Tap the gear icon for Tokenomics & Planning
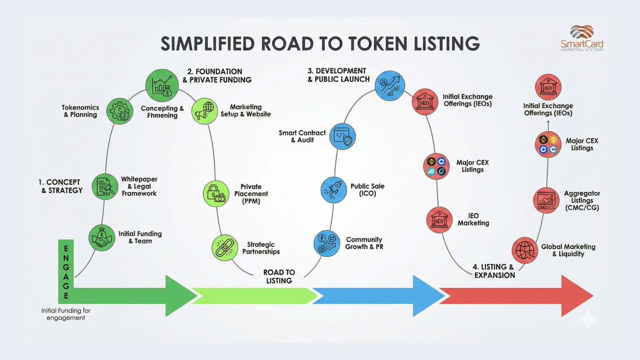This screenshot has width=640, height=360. tap(120, 111)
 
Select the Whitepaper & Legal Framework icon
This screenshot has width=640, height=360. tap(105, 187)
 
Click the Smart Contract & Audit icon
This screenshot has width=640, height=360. tap(345, 136)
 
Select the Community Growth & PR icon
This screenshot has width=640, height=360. tap(326, 244)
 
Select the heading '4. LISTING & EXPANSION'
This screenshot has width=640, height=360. tap(494, 271)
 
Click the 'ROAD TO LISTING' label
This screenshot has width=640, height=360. tap(278, 276)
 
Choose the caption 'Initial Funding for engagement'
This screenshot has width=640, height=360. tap(63, 314)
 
